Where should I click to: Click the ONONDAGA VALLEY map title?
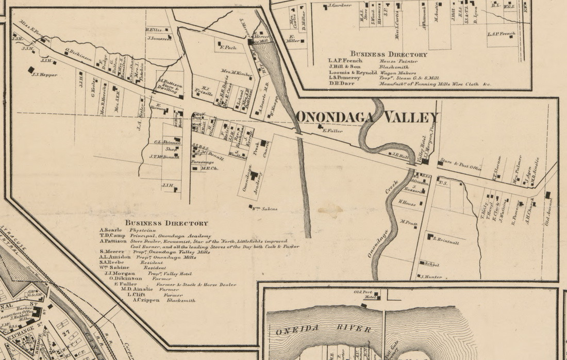pyautogui.click(x=367, y=118)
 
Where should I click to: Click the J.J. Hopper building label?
pyautogui.click(x=44, y=75)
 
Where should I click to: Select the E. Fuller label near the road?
pyautogui.click(x=332, y=130)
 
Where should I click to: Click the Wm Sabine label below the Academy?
pyautogui.click(x=264, y=209)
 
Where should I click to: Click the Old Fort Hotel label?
pyautogui.click(x=362, y=295)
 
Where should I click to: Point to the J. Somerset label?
pyautogui.click(x=159, y=38)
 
